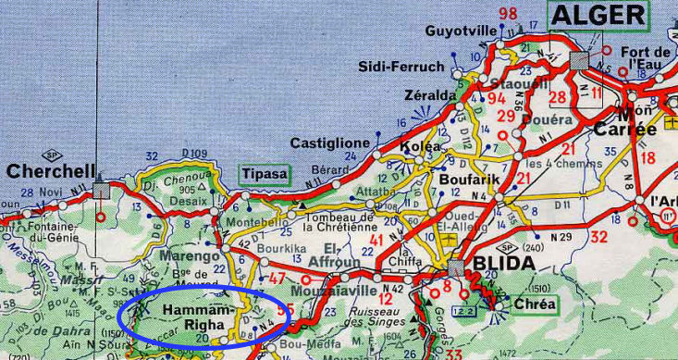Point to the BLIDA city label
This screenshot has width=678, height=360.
pos(504,264)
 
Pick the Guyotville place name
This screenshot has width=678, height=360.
pos(460,31)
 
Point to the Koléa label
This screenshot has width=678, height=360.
pos(414,148)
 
